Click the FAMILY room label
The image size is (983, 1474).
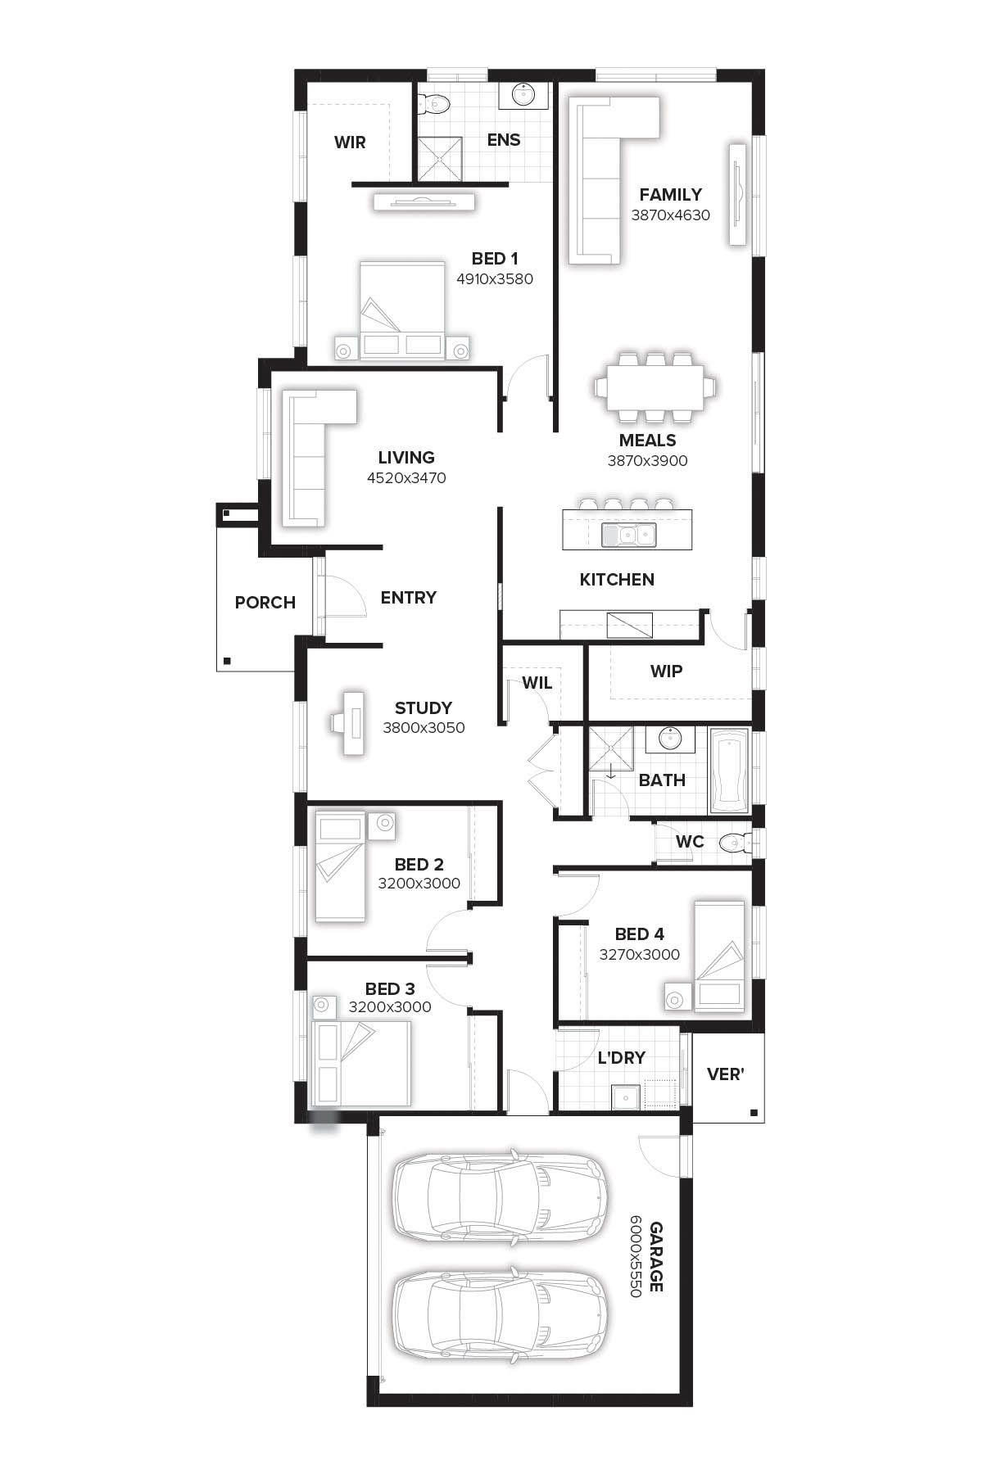670,195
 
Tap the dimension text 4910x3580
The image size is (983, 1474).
495,279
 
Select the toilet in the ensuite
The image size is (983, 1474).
434,103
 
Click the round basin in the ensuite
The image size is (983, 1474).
524,95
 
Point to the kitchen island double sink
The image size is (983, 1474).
628,536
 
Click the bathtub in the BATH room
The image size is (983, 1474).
729,771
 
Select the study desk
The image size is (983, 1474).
350,721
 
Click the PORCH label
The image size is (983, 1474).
265,603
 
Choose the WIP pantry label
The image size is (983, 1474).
666,671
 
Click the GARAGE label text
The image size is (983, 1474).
656,1257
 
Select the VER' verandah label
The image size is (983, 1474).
725,1074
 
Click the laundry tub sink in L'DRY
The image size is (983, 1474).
626,1095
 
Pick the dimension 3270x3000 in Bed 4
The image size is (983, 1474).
639,955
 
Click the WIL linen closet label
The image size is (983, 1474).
537,683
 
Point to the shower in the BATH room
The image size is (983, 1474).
611,748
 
